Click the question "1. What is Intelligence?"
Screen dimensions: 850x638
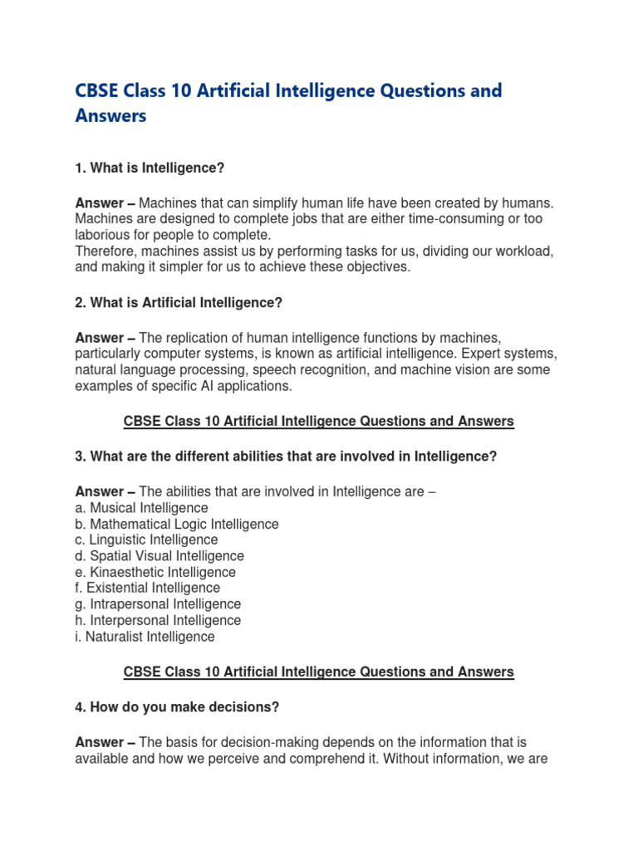click(x=150, y=168)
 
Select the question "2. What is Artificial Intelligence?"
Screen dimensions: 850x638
click(x=179, y=303)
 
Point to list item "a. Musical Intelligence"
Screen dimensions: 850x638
click(x=141, y=508)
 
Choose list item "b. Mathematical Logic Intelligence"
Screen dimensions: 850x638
click(x=177, y=524)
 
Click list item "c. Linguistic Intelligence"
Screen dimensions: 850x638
click(x=146, y=540)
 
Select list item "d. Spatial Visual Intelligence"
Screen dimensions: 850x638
click(x=159, y=556)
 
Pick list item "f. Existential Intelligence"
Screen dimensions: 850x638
click(x=147, y=589)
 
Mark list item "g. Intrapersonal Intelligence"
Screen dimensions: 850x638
click(x=158, y=604)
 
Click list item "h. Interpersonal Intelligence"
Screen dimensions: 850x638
click(x=158, y=621)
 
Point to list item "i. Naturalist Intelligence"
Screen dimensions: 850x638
click(x=145, y=637)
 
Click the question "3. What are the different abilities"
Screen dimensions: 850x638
click(x=286, y=457)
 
